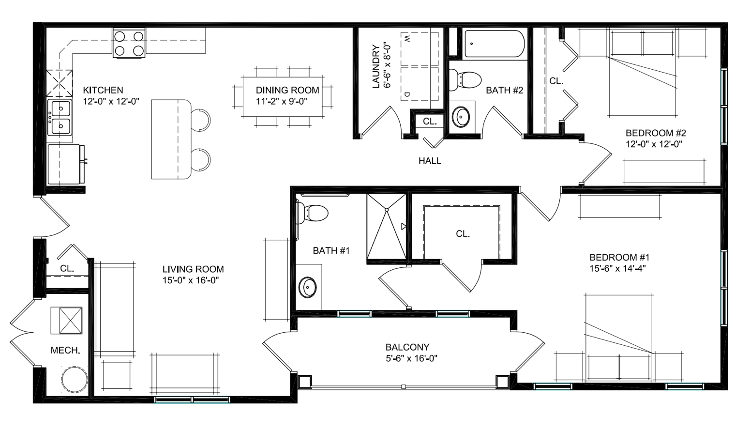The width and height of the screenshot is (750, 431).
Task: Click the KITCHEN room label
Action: tap(103, 90)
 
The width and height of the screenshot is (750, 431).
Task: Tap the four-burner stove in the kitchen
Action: tap(129, 43)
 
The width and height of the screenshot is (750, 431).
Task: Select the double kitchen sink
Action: tap(60, 117)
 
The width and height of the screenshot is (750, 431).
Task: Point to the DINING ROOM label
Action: tap(287, 90)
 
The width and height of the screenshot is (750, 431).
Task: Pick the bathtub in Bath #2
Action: tap(493, 44)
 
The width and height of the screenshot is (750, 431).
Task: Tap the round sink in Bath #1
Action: tap(308, 287)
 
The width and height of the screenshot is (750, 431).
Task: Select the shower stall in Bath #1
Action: tap(387, 227)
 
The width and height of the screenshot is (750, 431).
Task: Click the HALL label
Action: tap(430, 161)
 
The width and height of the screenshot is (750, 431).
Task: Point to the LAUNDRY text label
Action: tap(376, 67)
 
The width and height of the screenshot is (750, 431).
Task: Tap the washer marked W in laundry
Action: tap(420, 49)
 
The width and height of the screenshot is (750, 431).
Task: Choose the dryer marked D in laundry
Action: tap(420, 84)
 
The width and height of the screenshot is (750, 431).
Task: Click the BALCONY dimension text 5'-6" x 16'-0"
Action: tap(411, 359)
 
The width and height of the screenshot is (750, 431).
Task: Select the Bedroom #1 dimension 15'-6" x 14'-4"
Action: tap(617, 268)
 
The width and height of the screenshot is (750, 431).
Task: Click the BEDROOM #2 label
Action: tap(656, 133)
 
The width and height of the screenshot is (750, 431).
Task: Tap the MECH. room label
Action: tap(65, 351)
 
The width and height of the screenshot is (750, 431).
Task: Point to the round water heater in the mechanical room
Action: tap(75, 380)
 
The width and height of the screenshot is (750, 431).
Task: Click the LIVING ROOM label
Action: tap(193, 269)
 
